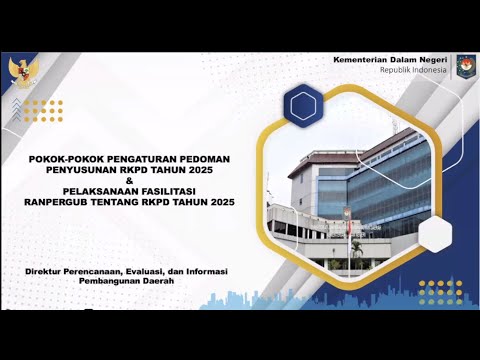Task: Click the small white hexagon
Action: (x=437, y=235)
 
